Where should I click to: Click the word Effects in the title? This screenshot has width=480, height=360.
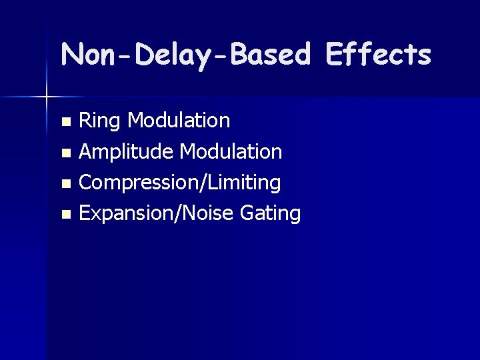click(378, 55)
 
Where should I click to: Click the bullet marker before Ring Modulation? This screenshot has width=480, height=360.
click(65, 122)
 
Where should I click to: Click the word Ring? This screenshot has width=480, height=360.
click(100, 121)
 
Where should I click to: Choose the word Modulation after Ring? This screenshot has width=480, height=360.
click(179, 121)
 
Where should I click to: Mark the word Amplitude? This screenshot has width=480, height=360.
click(127, 152)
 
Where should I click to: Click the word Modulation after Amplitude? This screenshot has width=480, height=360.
click(231, 151)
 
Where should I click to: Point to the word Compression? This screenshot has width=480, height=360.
click(133, 183)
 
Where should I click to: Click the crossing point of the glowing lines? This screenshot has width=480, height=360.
click(47, 97)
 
